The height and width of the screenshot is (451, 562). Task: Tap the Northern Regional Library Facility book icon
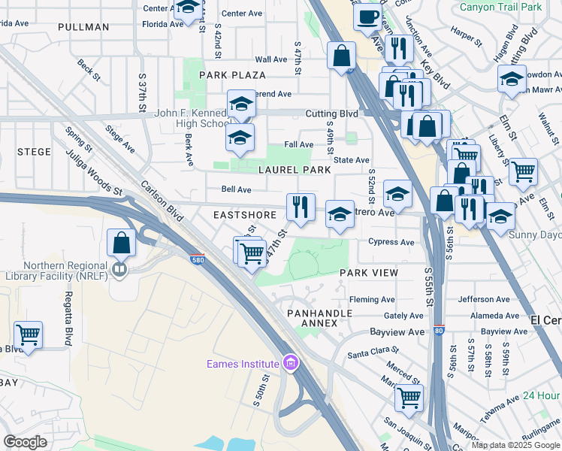(119, 268)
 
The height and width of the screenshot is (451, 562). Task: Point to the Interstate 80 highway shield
(439, 329)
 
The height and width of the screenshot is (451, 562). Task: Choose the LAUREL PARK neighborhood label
(295, 170)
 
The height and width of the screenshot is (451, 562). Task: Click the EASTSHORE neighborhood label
(240, 214)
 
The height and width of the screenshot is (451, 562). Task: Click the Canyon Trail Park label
(500, 8)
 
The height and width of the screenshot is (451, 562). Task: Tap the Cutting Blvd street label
(331, 114)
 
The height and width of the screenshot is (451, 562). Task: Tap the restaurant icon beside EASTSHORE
(301, 207)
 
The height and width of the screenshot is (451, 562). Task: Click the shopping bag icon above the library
(121, 244)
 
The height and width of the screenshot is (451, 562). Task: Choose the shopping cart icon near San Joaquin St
(409, 398)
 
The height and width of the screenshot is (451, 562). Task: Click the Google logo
(26, 442)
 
